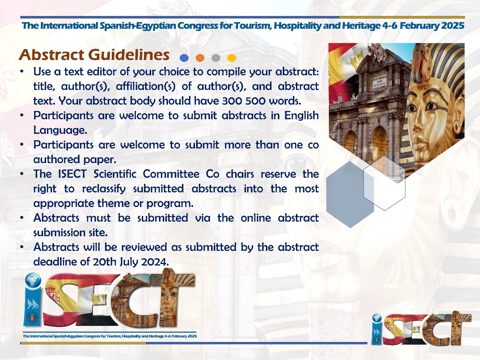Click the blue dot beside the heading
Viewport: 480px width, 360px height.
tap(184, 58)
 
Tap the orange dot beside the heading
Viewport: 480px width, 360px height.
tap(200, 58)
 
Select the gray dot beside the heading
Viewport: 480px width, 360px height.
tap(216, 58)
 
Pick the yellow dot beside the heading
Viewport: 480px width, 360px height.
tap(232, 58)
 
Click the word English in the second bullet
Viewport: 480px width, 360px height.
tap(301, 115)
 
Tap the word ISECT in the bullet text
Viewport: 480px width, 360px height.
tap(72, 174)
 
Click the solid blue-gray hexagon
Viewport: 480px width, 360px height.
tap(350, 195)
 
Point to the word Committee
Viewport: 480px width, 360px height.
tap(171, 174)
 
